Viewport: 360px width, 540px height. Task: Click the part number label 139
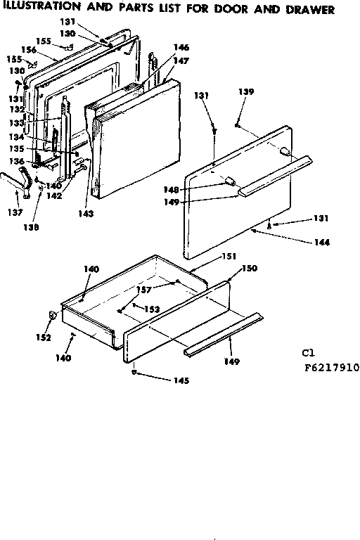click(x=245, y=91)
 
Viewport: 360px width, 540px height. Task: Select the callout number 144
click(x=323, y=243)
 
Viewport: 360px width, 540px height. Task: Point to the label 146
click(x=181, y=47)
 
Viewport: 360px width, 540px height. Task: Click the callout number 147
click(x=181, y=61)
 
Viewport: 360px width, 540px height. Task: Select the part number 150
click(x=249, y=269)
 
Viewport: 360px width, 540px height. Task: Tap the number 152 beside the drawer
click(x=44, y=337)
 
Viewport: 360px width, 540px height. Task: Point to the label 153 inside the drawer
click(x=152, y=309)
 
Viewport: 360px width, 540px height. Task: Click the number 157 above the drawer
click(x=145, y=288)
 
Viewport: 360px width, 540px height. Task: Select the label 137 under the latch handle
click(x=14, y=212)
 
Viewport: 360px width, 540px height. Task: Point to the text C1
click(x=309, y=353)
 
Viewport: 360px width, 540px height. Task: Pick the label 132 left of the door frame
click(x=15, y=110)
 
